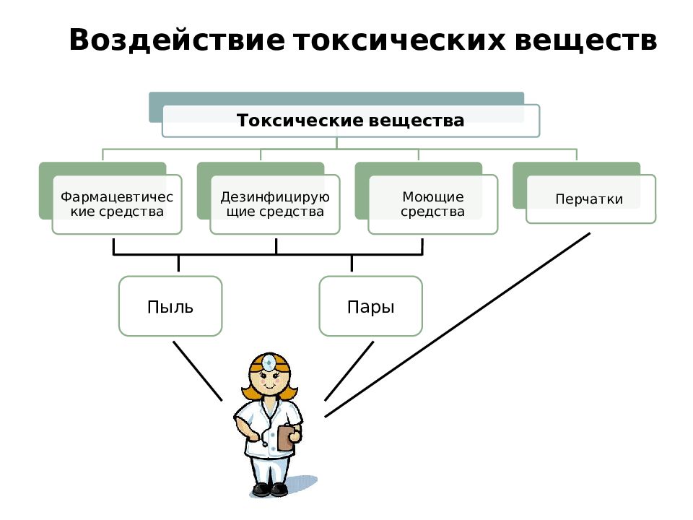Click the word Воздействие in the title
(177, 40)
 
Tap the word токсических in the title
(400, 40)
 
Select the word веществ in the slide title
(586, 40)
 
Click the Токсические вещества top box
(351, 121)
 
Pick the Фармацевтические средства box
(117, 204)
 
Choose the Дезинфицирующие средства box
(275, 204)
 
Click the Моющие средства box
(433, 204)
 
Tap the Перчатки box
(591, 199)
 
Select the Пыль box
(170, 306)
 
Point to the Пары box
(371, 306)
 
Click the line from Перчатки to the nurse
(458, 325)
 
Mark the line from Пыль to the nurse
(198, 371)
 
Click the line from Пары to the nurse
(349, 371)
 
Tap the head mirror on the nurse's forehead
(269, 363)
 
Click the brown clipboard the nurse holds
(286, 438)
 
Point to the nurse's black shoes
(270, 489)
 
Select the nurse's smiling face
(269, 381)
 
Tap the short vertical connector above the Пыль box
(178, 263)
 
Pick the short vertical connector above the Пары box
(352, 263)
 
